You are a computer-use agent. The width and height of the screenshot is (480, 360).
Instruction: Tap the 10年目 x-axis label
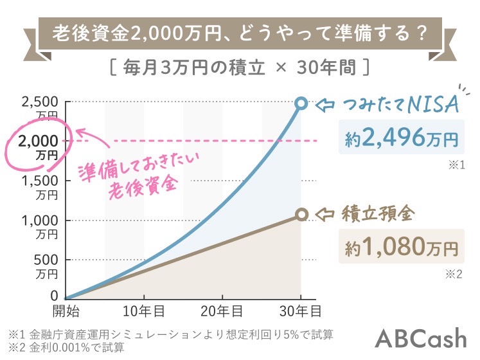coord(143,311)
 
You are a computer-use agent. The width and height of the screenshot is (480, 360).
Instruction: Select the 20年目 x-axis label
coord(222,311)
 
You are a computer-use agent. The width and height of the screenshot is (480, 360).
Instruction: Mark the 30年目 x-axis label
coord(300,311)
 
